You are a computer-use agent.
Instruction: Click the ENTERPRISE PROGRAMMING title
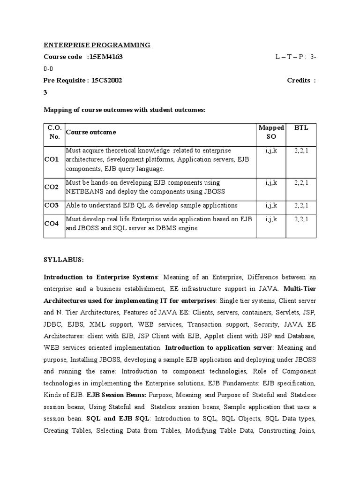[97, 45]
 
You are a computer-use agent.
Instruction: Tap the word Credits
[299, 80]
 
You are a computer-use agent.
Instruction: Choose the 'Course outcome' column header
[91, 132]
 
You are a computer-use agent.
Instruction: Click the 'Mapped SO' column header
[271, 132]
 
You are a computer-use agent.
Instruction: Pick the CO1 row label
[52, 159]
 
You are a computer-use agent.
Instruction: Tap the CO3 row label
[52, 205]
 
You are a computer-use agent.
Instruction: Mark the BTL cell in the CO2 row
[301, 182]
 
